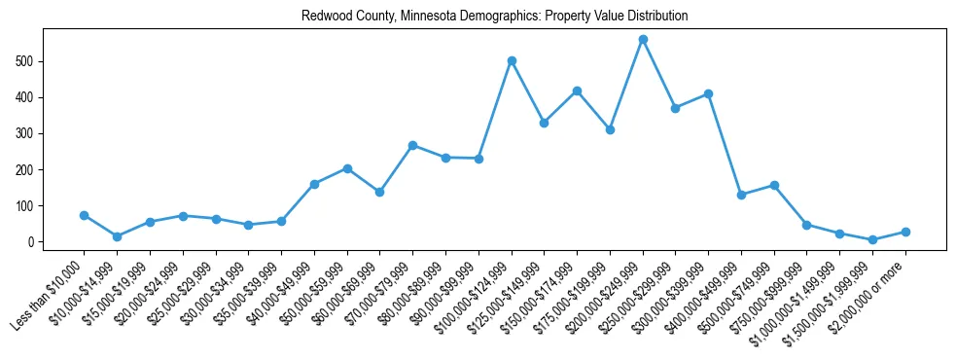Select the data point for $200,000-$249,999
[643, 40]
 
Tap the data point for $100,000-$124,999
[512, 60]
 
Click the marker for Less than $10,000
[85, 215]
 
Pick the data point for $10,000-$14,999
[117, 236]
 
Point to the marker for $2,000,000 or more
[905, 232]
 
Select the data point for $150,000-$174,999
[577, 90]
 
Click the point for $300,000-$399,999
[708, 93]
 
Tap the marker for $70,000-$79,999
[412, 145]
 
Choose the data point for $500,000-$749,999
[774, 185]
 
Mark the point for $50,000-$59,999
[347, 168]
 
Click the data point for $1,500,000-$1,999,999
[872, 239]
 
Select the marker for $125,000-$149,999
[544, 123]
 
